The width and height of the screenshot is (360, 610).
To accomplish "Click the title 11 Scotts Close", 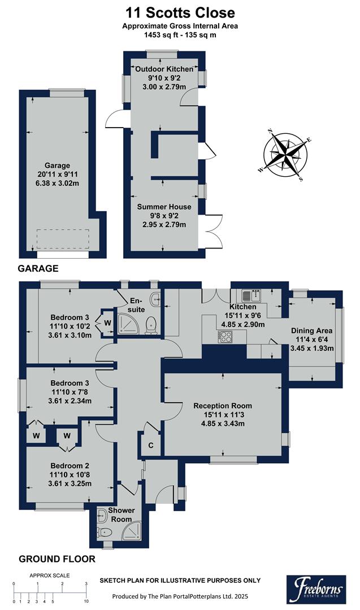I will tap(179, 12).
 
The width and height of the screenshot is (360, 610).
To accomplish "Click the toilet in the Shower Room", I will tap(103, 531).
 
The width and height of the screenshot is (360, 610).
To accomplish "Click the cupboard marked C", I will tap(150, 444).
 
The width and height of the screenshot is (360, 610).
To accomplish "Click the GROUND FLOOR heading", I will tap(57, 559).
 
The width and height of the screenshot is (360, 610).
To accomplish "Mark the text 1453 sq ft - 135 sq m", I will tap(179, 35).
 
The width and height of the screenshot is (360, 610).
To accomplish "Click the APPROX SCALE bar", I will tap(50, 591).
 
